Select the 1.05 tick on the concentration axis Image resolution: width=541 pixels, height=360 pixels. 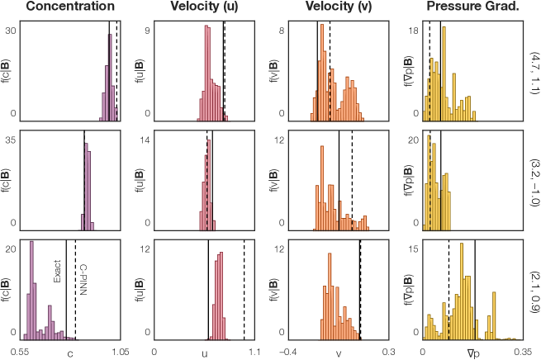coord(109,351)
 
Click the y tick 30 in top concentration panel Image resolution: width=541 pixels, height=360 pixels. coord(12,29)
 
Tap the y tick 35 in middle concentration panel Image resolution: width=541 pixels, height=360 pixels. coord(12,141)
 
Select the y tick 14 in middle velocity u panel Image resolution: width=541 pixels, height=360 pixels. coord(145,141)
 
